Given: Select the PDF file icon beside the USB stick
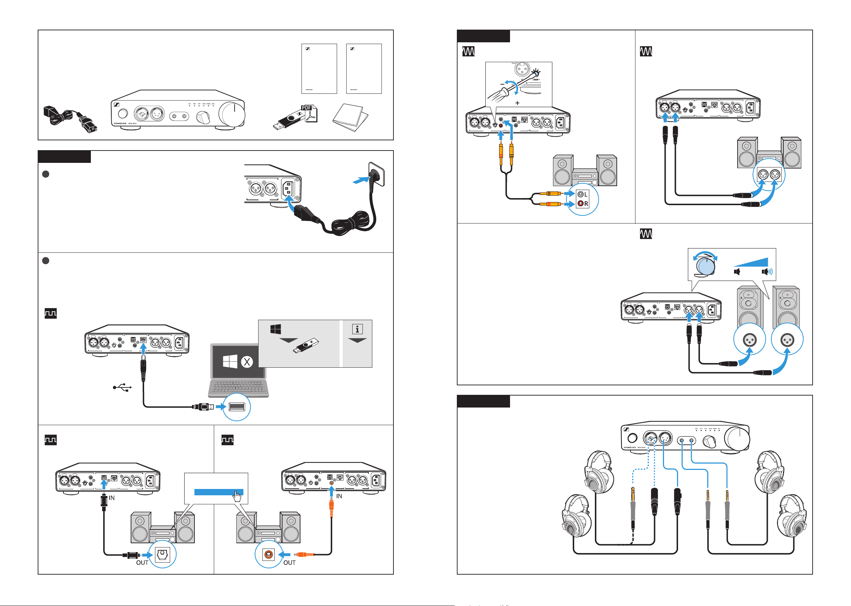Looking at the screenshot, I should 309,114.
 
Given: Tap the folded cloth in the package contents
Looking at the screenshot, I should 350,117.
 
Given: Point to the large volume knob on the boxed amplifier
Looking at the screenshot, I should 232,114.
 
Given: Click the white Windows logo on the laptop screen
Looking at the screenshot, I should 230,361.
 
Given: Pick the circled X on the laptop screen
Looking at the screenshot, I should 247,362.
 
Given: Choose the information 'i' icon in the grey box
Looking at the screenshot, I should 357,329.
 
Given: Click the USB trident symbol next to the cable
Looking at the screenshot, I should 122,387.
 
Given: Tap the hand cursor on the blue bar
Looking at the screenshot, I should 237,496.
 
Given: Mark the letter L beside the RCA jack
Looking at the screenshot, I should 586,194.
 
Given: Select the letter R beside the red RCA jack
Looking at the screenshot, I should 586,204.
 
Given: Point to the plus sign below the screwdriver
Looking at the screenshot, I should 517,103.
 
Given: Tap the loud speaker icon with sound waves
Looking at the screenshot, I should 767,272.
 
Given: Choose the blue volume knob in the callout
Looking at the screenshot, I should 705,266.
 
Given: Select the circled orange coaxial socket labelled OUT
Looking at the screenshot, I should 268,555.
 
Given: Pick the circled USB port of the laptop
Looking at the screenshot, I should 236,407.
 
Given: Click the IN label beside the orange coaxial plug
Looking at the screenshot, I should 339,496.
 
